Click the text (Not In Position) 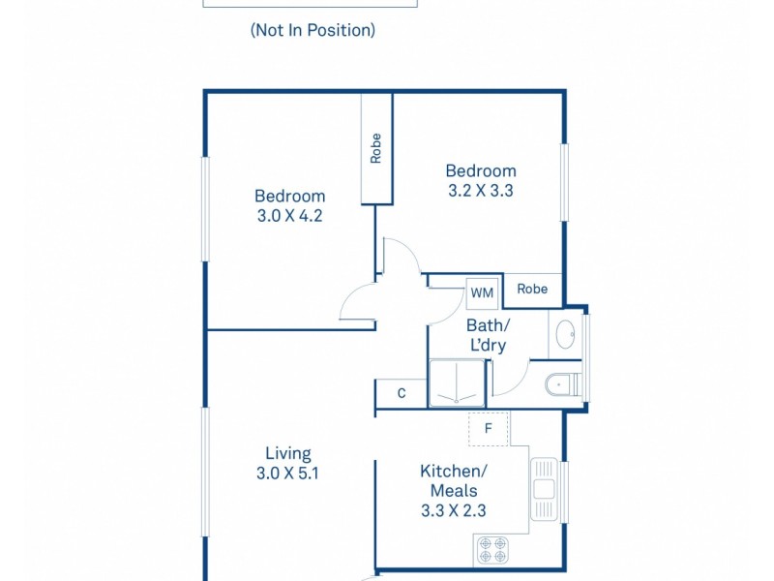313,30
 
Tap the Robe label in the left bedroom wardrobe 376,148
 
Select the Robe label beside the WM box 532,289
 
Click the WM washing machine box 481,290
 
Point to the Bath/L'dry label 486,335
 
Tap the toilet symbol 562,385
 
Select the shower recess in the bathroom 457,382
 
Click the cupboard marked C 402,393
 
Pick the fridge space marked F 489,427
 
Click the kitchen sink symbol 543,489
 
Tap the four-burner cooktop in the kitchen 491,550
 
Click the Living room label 288,453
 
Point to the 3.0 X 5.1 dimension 288,474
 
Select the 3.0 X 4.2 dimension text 288,216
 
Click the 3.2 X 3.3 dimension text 480,191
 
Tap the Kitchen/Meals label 454,480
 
